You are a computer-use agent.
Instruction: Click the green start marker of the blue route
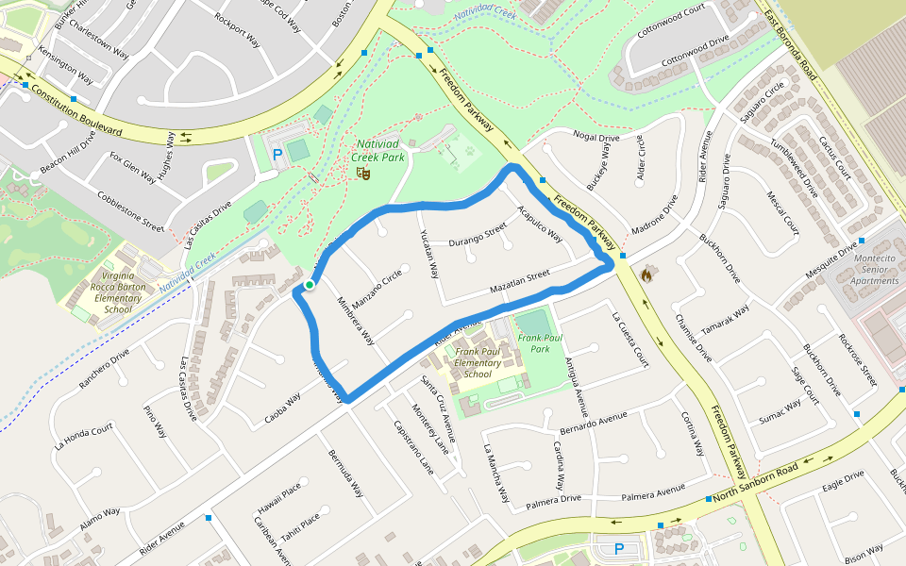point(309,284)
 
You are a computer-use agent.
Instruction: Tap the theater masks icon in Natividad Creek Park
point(362,173)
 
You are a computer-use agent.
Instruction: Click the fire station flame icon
point(646,275)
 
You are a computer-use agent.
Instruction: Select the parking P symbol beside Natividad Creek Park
point(277,154)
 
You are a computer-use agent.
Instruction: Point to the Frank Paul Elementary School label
point(478,363)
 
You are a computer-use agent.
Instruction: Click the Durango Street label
point(478,234)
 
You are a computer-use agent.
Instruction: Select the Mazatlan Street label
point(519,281)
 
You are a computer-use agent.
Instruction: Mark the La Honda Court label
point(84,435)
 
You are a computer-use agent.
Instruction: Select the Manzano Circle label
point(377,284)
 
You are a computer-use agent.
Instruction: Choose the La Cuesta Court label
point(630,340)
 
